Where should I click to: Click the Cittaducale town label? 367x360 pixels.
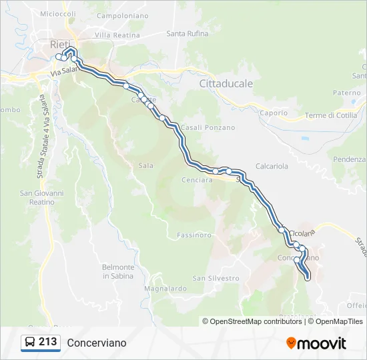[226, 83]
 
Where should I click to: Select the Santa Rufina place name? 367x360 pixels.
[188, 33]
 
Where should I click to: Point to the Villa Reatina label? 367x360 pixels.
[117, 34]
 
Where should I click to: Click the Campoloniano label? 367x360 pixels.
[123, 15]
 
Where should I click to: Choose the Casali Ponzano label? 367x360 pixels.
[208, 127]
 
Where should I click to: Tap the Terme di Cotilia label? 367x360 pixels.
[331, 115]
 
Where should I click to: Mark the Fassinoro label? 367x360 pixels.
[194, 235]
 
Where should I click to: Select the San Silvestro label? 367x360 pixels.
[216, 278]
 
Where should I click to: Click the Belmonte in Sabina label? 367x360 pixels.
[118, 271]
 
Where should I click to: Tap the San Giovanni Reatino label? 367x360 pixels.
[42, 197]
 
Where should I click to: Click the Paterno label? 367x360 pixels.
[346, 93]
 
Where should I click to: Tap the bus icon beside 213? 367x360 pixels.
[30, 343]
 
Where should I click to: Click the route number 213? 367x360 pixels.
[48, 342]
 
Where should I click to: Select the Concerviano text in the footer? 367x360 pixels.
[96, 343]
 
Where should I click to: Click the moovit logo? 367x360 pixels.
[316, 343]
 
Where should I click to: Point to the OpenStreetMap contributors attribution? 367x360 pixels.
[256, 321]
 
